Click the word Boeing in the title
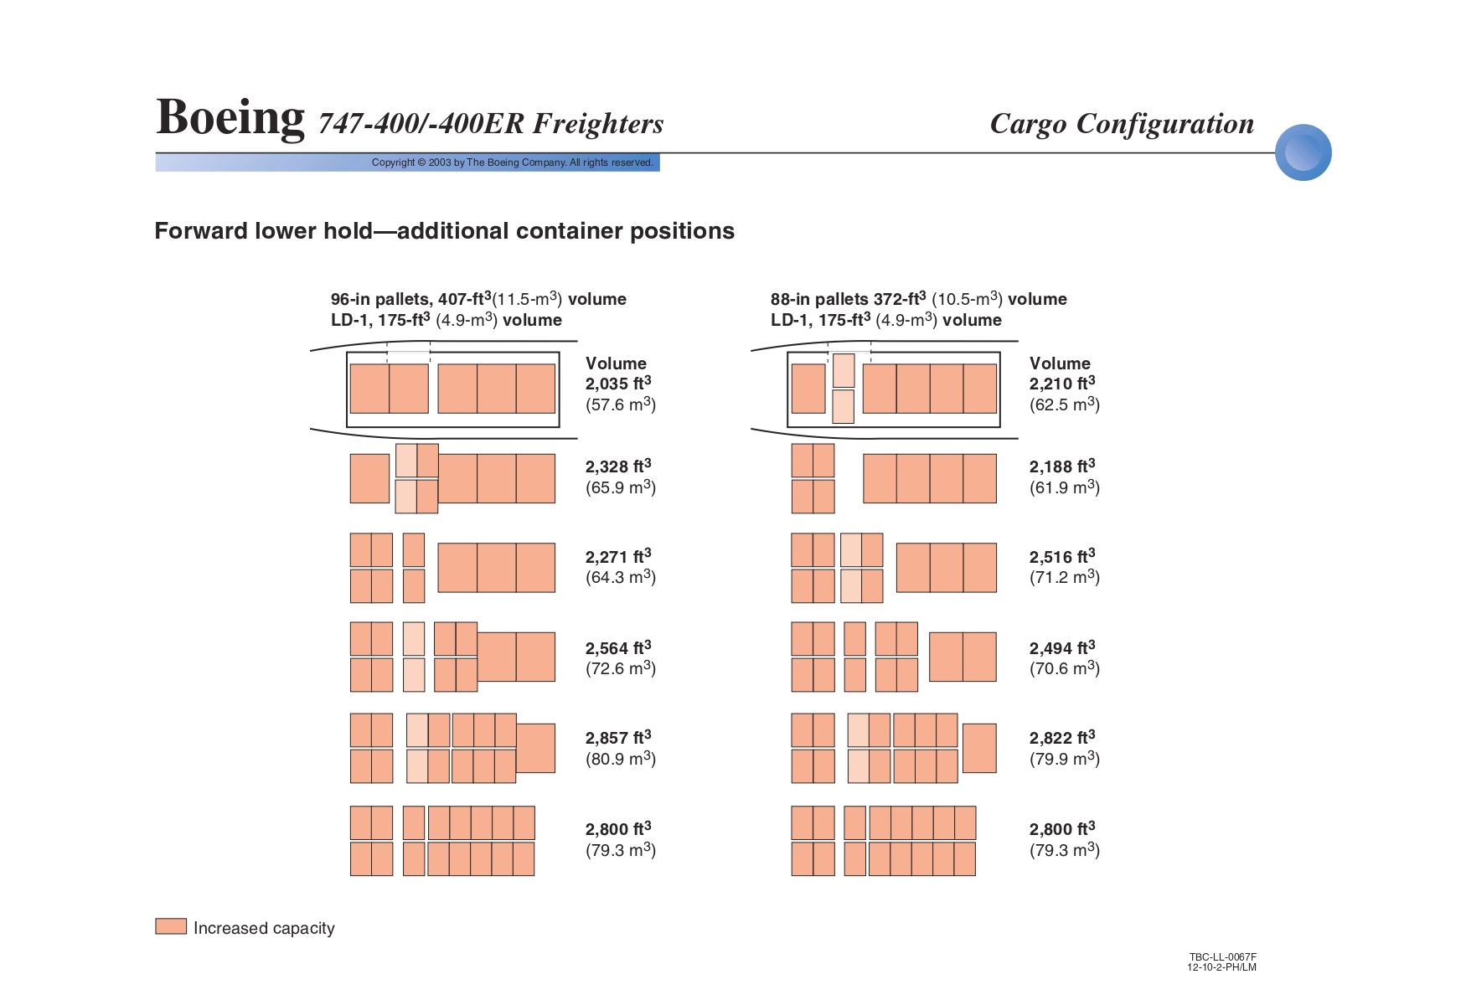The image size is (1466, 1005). [230, 117]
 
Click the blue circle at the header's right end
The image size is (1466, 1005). [1303, 152]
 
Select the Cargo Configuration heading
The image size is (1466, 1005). [1122, 124]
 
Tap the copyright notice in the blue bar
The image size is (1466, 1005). [512, 162]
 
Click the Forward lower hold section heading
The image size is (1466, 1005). [444, 231]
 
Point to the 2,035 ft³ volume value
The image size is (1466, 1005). [618, 384]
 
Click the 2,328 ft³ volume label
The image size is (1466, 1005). [618, 466]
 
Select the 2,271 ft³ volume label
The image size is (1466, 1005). [618, 557]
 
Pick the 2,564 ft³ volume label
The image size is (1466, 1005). [618, 648]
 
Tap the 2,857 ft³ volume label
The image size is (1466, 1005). [618, 738]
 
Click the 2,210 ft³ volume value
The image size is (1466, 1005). [1062, 384]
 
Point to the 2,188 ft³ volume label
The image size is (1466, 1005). [1062, 466]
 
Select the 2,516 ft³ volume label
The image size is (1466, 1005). [1062, 557]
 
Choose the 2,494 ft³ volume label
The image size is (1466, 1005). [1062, 648]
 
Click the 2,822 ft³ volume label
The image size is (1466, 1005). [1062, 738]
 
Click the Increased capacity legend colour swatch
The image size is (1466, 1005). [171, 926]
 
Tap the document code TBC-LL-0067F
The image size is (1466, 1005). [1222, 957]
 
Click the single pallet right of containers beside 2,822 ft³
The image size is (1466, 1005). [979, 748]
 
